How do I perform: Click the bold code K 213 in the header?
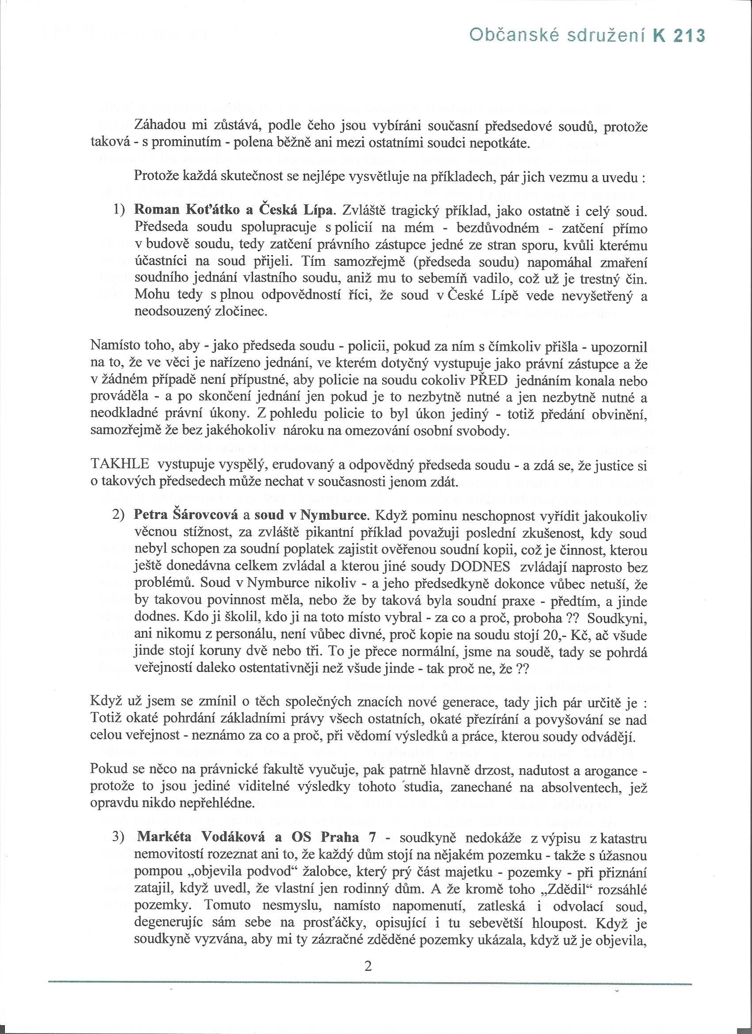(679, 36)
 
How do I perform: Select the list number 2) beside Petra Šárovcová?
(119, 516)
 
